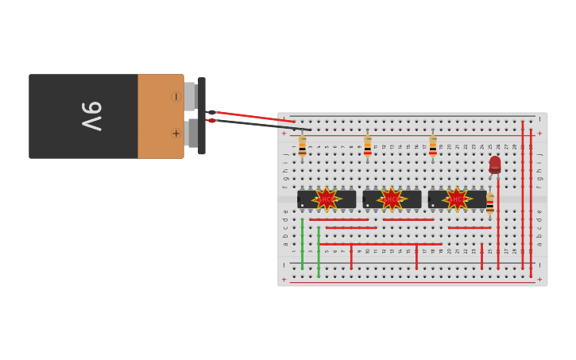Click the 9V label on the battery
tap(91, 116)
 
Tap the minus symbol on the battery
tap(176, 97)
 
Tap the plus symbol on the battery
tap(176, 134)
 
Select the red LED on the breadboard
tap(495, 165)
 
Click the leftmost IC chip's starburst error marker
tap(327, 199)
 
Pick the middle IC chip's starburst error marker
tap(392, 199)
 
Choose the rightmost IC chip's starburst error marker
tap(457, 199)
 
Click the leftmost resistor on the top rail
tap(302, 146)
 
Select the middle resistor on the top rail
tap(367, 146)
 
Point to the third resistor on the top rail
tap(432, 146)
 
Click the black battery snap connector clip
tap(202, 116)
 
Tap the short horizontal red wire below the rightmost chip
tap(469, 228)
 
